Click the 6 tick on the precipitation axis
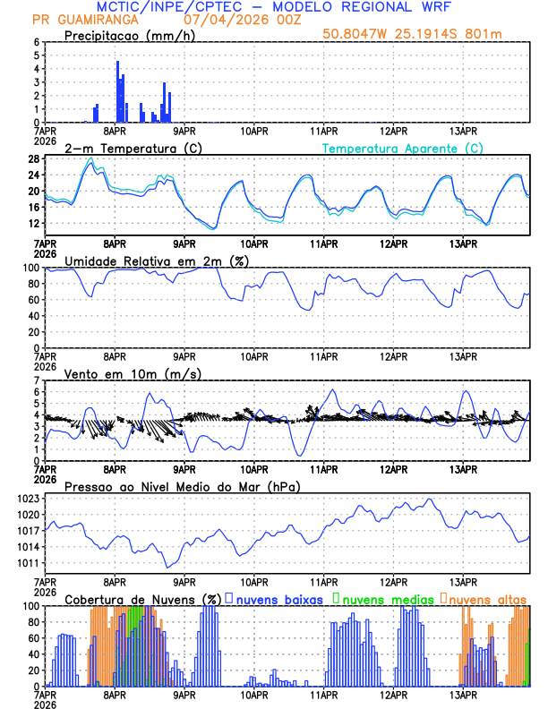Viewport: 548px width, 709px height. pos(36,42)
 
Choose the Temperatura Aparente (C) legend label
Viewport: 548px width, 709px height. pos(403,148)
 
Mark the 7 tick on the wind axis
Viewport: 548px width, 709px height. pos(36,380)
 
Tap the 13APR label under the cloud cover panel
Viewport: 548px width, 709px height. pos(463,695)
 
